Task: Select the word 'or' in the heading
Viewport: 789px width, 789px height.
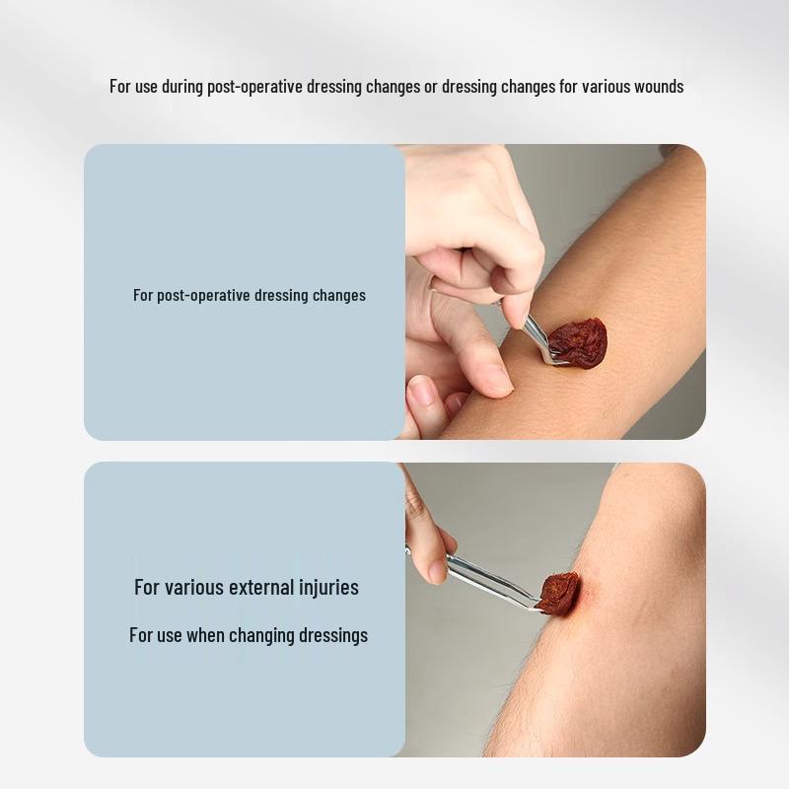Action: click(431, 87)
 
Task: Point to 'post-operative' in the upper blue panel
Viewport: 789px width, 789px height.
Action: click(203, 295)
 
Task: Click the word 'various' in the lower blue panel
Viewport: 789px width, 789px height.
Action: click(193, 587)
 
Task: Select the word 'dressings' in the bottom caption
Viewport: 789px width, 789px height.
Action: click(334, 635)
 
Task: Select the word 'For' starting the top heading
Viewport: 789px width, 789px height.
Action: click(120, 87)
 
